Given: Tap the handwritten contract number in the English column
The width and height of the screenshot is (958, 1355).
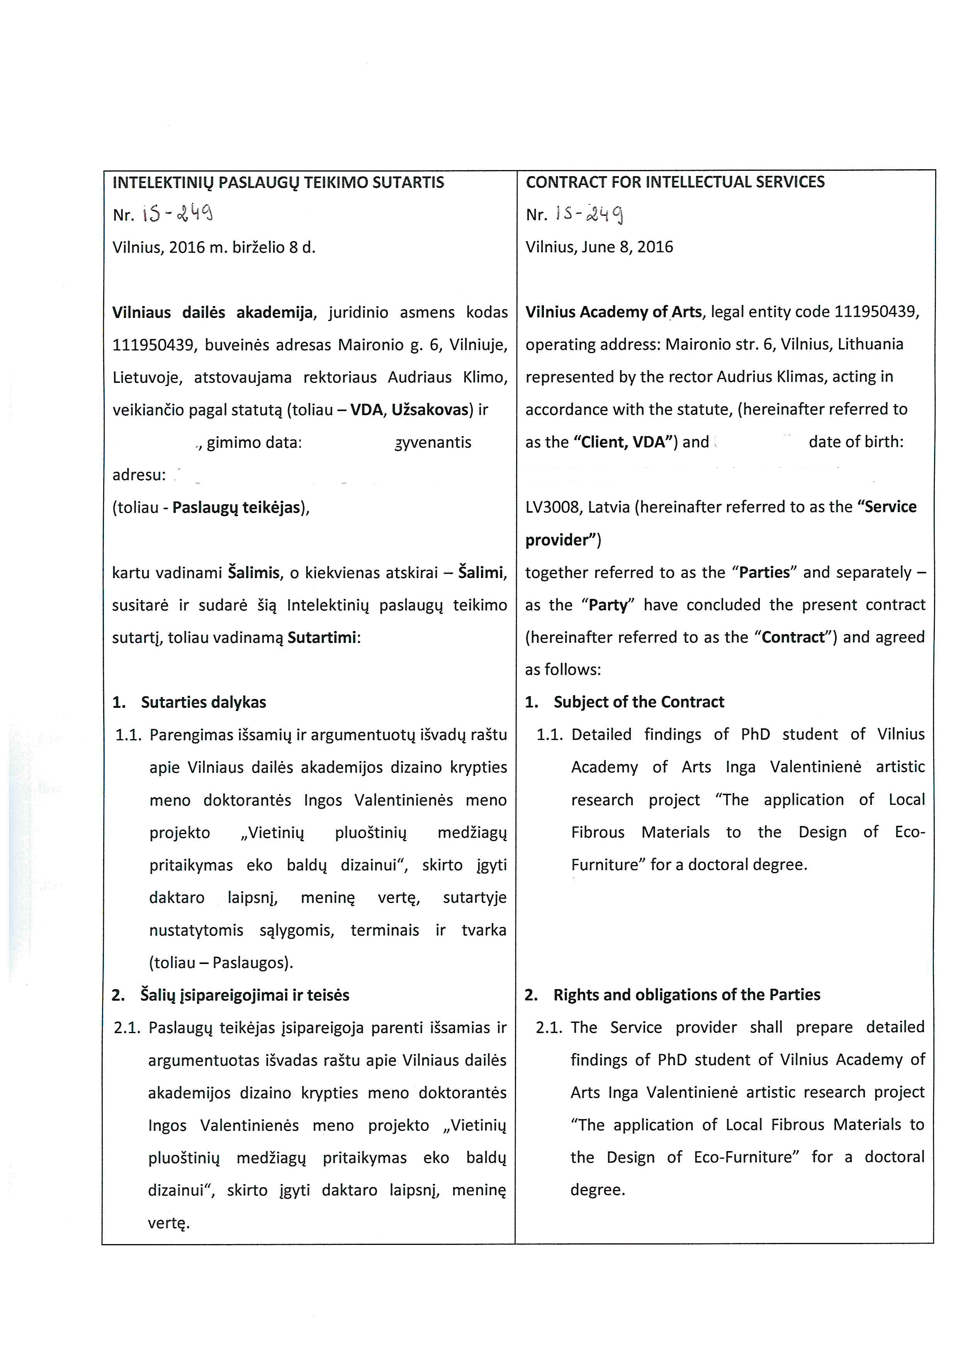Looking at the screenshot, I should coord(588,214).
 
